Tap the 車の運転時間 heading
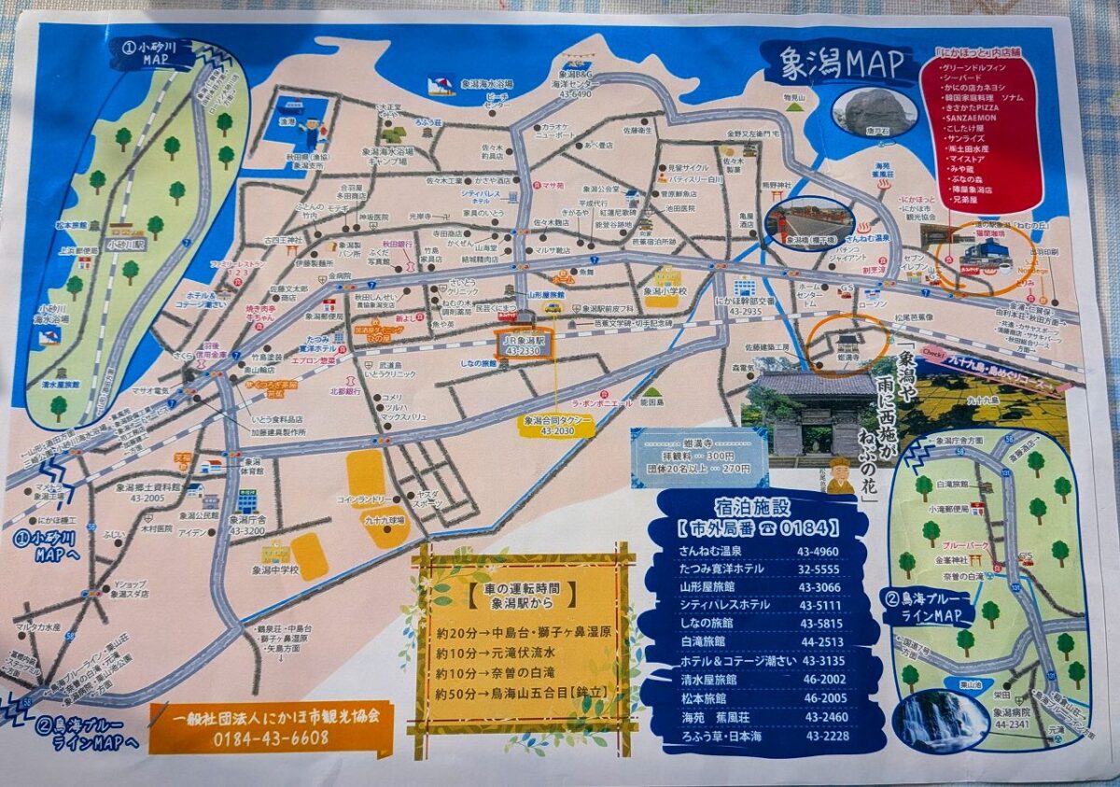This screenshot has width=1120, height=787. [523, 591]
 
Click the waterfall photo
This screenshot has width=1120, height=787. [940, 720]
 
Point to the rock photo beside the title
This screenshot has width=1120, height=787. [874, 110]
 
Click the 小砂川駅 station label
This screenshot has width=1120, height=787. [124, 246]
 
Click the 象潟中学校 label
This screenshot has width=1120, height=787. [275, 569]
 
